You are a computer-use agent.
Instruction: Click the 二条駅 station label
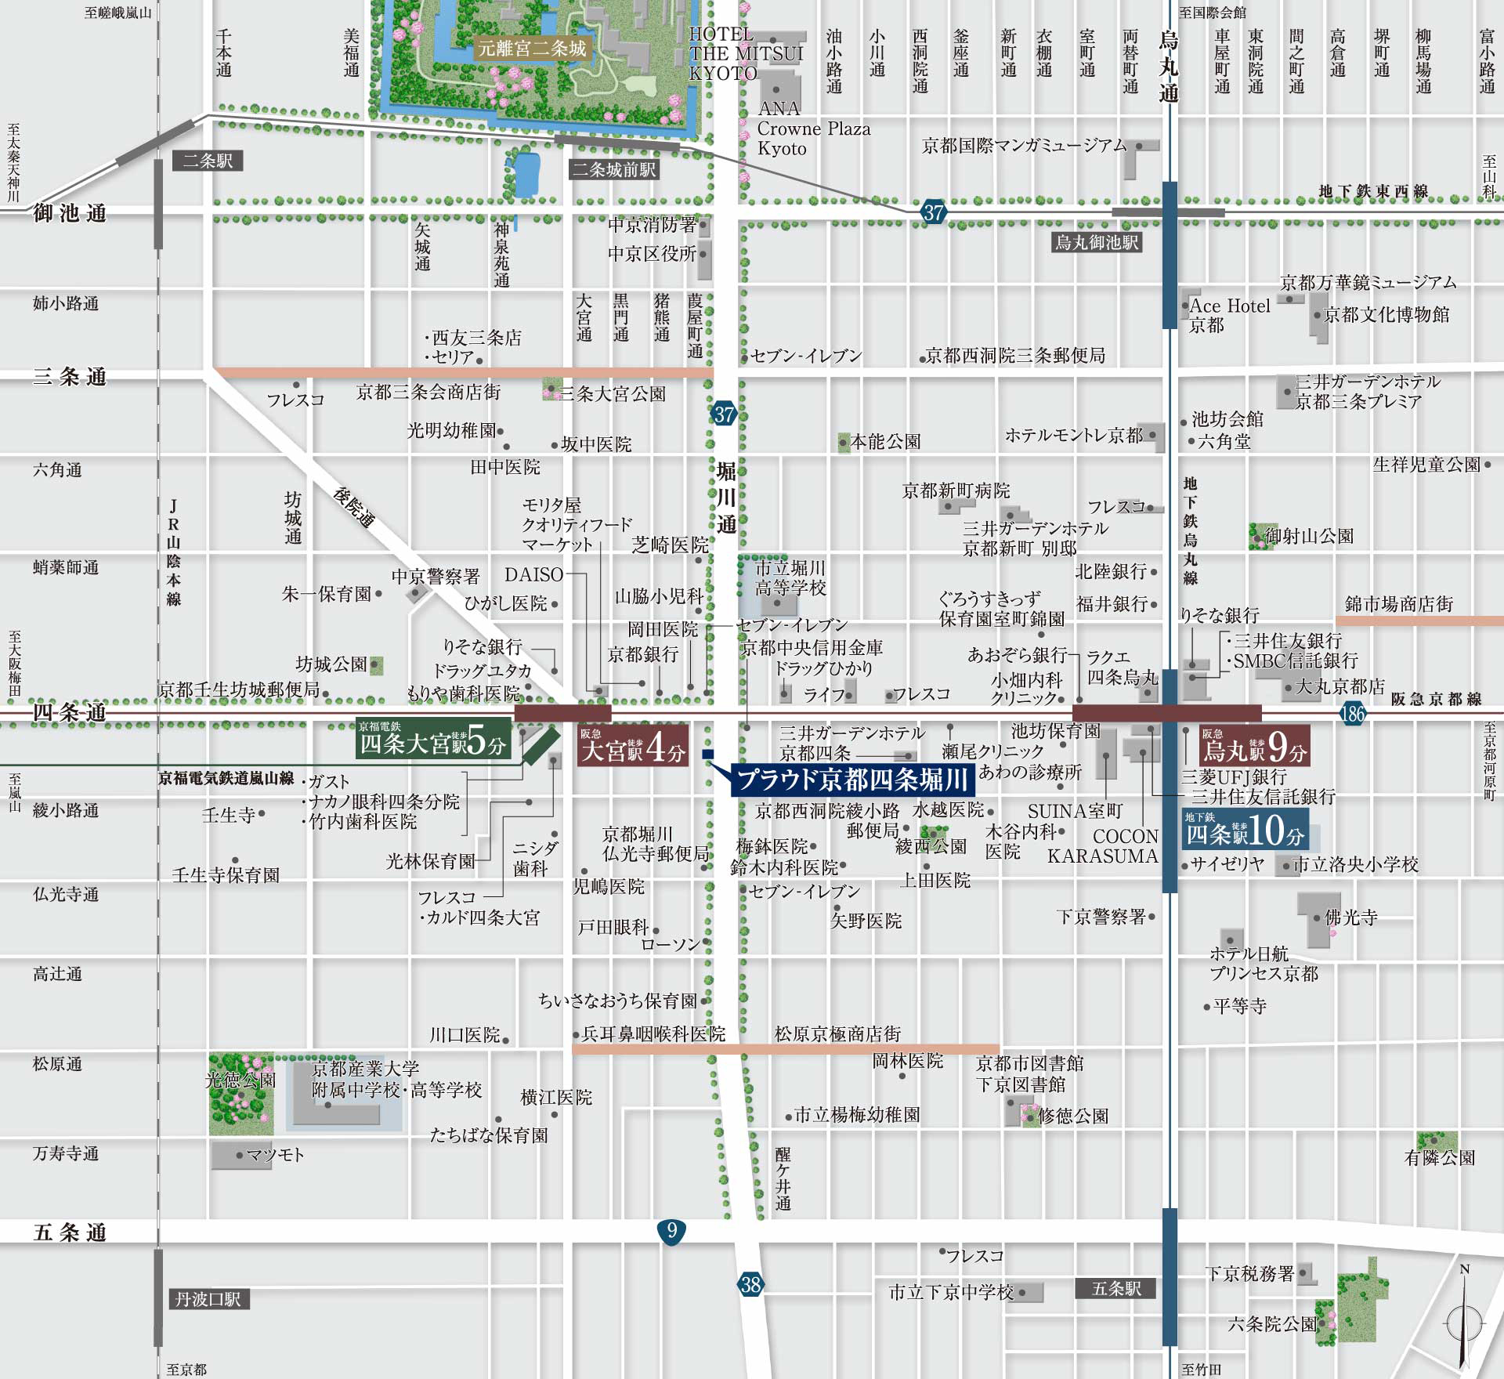coord(208,161)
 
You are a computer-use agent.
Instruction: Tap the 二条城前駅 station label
coord(614,169)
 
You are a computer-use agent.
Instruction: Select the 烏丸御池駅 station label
coord(1096,242)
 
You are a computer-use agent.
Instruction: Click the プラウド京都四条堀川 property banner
coord(853,780)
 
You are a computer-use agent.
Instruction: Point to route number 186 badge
coord(1352,713)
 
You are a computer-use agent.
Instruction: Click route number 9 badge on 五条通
coord(671,1231)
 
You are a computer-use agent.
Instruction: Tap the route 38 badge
coord(750,1284)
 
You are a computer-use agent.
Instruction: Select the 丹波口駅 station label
coord(208,1299)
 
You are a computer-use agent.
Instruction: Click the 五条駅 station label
coord(1116,1288)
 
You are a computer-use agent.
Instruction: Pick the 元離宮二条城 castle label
coord(532,49)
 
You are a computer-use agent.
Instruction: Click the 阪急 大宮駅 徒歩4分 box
coord(633,746)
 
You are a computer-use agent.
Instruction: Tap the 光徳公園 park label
coord(240,1080)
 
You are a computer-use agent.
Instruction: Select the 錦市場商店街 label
coord(1399,603)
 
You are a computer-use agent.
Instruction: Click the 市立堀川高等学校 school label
coord(790,577)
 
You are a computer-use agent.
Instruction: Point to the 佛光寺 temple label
coord(1350,918)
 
